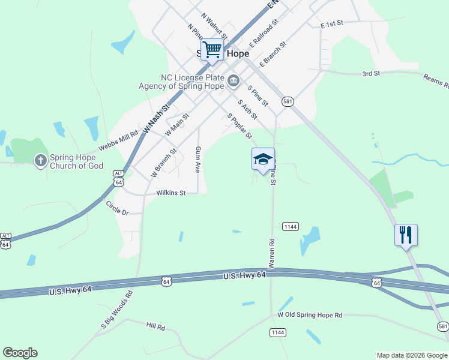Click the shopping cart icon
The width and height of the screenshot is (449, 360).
coord(212,49)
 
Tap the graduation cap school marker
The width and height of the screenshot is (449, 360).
coord(263,159)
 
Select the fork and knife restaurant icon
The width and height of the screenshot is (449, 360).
coord(406,235)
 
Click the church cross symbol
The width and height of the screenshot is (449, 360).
coord(40,160)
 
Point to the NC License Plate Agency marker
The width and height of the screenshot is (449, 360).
coord(234,80)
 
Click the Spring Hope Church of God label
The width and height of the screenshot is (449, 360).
coord(76,161)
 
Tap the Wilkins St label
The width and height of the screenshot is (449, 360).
coord(171,193)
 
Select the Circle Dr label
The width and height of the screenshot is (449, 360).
coord(117,208)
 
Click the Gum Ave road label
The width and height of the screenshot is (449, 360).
coord(197,158)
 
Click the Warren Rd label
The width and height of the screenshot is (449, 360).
coord(271,254)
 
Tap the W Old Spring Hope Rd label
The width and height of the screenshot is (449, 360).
coord(310,315)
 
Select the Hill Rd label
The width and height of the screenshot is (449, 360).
coord(155,326)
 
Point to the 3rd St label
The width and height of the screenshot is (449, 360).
coord(372,74)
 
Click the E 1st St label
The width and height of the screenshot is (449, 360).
coord(331,24)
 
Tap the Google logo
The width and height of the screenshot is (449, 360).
coord(20,353)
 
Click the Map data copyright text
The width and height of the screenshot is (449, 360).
coord(412,355)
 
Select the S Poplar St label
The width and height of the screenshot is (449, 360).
coord(239,126)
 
